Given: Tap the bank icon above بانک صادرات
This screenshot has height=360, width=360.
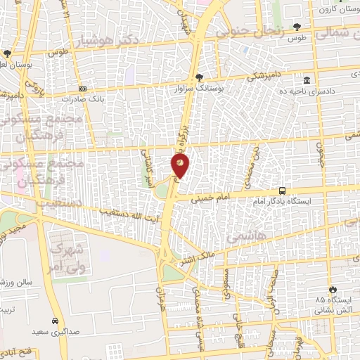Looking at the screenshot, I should [83, 89].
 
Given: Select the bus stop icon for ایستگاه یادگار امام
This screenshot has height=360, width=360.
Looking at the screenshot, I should [282, 191].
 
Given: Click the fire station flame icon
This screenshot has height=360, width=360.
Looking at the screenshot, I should [333, 289].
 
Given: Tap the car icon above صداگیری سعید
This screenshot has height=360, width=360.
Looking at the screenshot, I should [54, 319].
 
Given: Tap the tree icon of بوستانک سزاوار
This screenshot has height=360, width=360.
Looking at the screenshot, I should [200, 77].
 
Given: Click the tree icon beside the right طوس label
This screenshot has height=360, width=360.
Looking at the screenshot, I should [307, 27].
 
